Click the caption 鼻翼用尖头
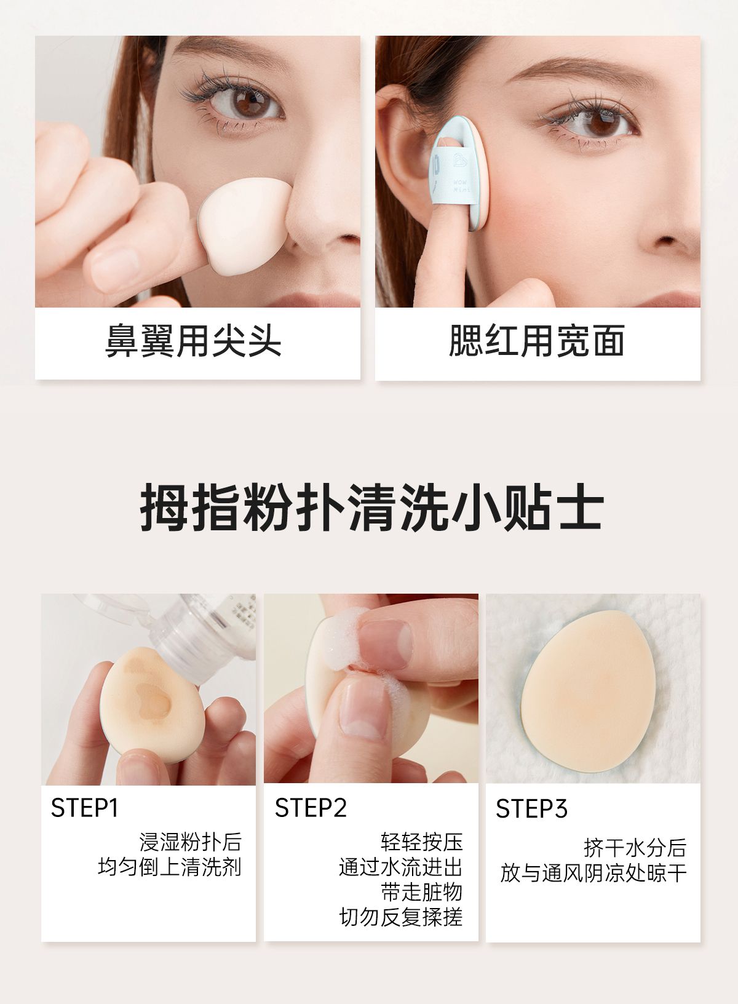click(193, 341)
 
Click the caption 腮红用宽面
click(537, 341)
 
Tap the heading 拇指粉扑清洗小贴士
click(371, 508)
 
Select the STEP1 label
click(85, 808)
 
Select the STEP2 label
click(311, 808)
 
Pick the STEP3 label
click(531, 808)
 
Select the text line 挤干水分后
click(635, 848)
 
